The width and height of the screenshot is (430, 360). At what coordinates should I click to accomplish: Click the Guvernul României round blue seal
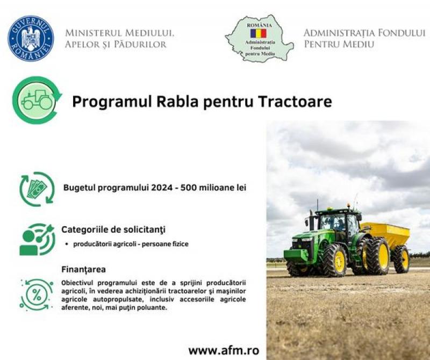[31, 38]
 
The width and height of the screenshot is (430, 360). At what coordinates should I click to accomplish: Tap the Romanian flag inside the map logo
[259, 33]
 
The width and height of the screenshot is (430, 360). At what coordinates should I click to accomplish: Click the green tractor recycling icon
[37, 100]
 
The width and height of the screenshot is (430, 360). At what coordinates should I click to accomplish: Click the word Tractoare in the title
[295, 102]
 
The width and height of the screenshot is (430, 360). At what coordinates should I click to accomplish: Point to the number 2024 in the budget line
[162, 188]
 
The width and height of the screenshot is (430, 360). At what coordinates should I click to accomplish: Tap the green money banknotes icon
[37, 189]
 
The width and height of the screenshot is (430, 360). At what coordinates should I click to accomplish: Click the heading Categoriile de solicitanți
[113, 229]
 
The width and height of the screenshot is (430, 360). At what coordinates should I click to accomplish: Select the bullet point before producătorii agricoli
[67, 244]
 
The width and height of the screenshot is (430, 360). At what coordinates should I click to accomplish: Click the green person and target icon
[37, 239]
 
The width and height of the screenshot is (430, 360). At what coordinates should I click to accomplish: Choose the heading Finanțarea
[84, 269]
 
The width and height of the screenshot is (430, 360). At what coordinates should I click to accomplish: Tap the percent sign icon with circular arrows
[37, 295]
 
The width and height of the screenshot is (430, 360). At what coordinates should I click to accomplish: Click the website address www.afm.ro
[224, 350]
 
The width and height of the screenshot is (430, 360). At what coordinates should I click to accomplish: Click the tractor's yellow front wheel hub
[340, 261]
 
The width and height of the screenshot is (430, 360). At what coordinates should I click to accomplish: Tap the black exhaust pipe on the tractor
[312, 220]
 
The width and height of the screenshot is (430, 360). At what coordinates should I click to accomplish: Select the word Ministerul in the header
[93, 33]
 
